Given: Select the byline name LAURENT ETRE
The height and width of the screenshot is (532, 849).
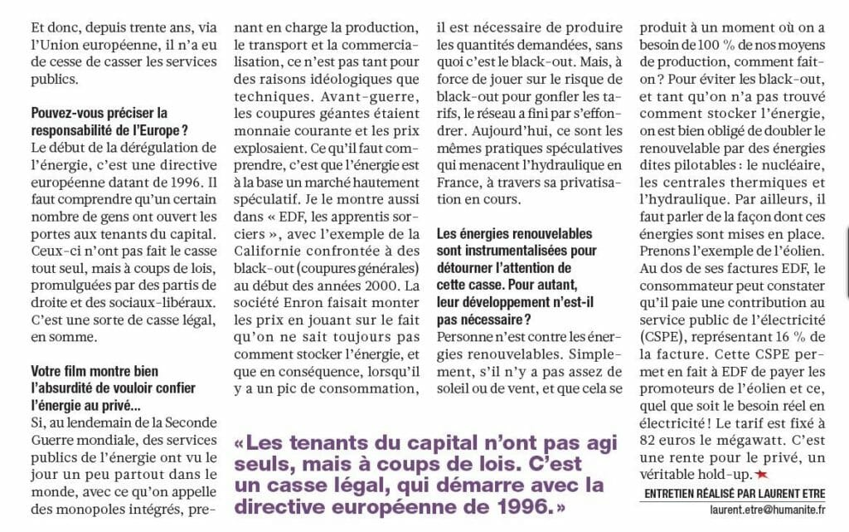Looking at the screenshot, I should pos(784,494).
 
